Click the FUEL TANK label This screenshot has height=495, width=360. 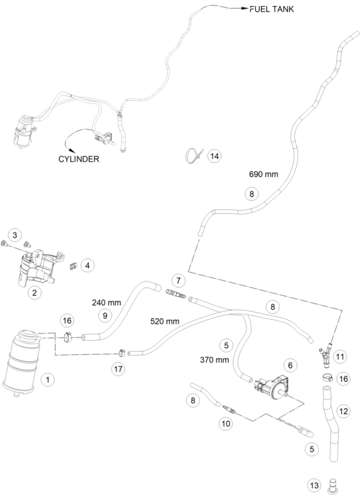[272, 9]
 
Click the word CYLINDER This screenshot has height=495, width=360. [79, 159]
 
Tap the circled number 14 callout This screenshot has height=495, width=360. [215, 156]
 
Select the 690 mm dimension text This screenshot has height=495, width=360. [264, 174]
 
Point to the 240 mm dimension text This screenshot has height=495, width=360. [106, 302]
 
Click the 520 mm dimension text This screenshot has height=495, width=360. [165, 321]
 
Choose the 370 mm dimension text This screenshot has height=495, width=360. [214, 360]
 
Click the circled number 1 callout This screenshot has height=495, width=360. [48, 379]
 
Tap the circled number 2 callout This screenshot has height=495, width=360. [34, 292]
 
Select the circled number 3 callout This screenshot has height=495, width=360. [15, 235]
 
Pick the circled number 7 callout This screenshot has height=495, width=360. [178, 280]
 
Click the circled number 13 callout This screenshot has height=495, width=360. [314, 485]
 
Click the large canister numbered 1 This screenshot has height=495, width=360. [21, 363]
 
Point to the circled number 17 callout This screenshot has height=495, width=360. [118, 369]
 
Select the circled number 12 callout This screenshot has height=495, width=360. [343, 411]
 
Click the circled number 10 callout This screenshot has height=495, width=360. [226, 424]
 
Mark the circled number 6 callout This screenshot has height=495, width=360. [290, 365]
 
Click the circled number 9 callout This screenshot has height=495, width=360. [105, 315]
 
